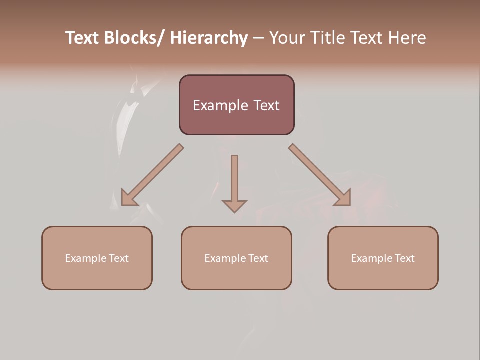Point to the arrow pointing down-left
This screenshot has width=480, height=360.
tap(152, 175)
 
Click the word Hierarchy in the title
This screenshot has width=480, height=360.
tap(209, 38)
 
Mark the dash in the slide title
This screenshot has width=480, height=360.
tap(258, 38)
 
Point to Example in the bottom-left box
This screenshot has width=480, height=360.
tap(85, 258)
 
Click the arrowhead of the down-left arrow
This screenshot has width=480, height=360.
tap(129, 198)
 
